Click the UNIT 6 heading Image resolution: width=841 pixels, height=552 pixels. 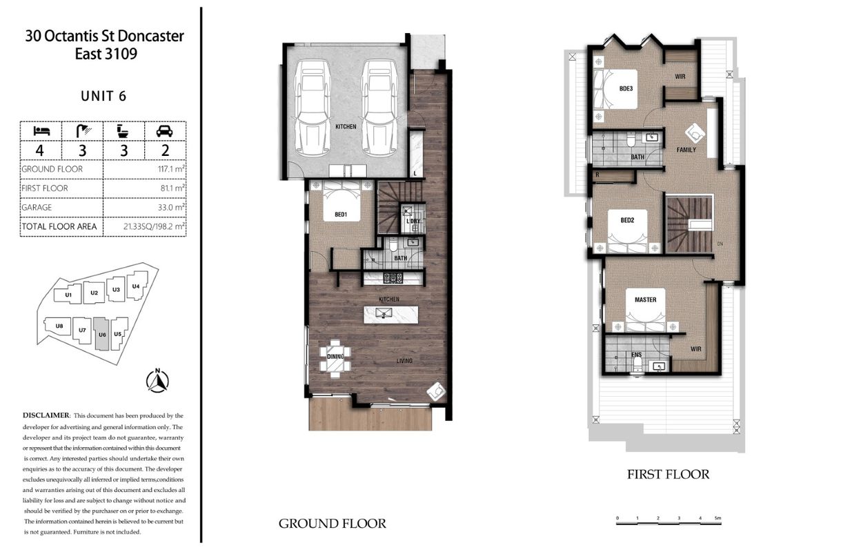point(103,96)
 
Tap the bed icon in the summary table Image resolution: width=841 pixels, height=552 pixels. point(41,131)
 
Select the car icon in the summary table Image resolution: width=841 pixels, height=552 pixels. point(164,131)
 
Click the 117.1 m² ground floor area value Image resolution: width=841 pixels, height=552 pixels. point(171,169)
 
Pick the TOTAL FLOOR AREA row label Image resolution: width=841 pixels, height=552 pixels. point(59,226)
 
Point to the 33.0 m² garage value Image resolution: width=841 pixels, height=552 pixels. point(171,207)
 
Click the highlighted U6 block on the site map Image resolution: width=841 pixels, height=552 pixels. point(101,334)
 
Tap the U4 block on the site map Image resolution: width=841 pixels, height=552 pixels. point(137,286)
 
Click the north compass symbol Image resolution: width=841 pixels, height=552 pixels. point(157,381)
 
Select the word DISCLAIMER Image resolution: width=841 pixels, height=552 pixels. point(46,415)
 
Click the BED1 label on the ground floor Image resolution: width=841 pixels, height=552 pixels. point(341,215)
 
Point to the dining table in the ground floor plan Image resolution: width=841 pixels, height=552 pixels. point(335,359)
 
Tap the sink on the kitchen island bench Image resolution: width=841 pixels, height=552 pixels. point(384,313)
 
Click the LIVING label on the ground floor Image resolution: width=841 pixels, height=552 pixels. point(405,361)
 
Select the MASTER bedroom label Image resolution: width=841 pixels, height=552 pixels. point(645,299)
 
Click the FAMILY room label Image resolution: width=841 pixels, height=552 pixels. point(686,150)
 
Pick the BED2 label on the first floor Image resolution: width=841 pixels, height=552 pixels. point(627,220)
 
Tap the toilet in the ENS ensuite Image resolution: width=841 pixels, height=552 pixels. point(637,364)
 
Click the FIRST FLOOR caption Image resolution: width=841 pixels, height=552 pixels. point(669,474)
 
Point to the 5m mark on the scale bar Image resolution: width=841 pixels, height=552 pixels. point(718,518)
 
